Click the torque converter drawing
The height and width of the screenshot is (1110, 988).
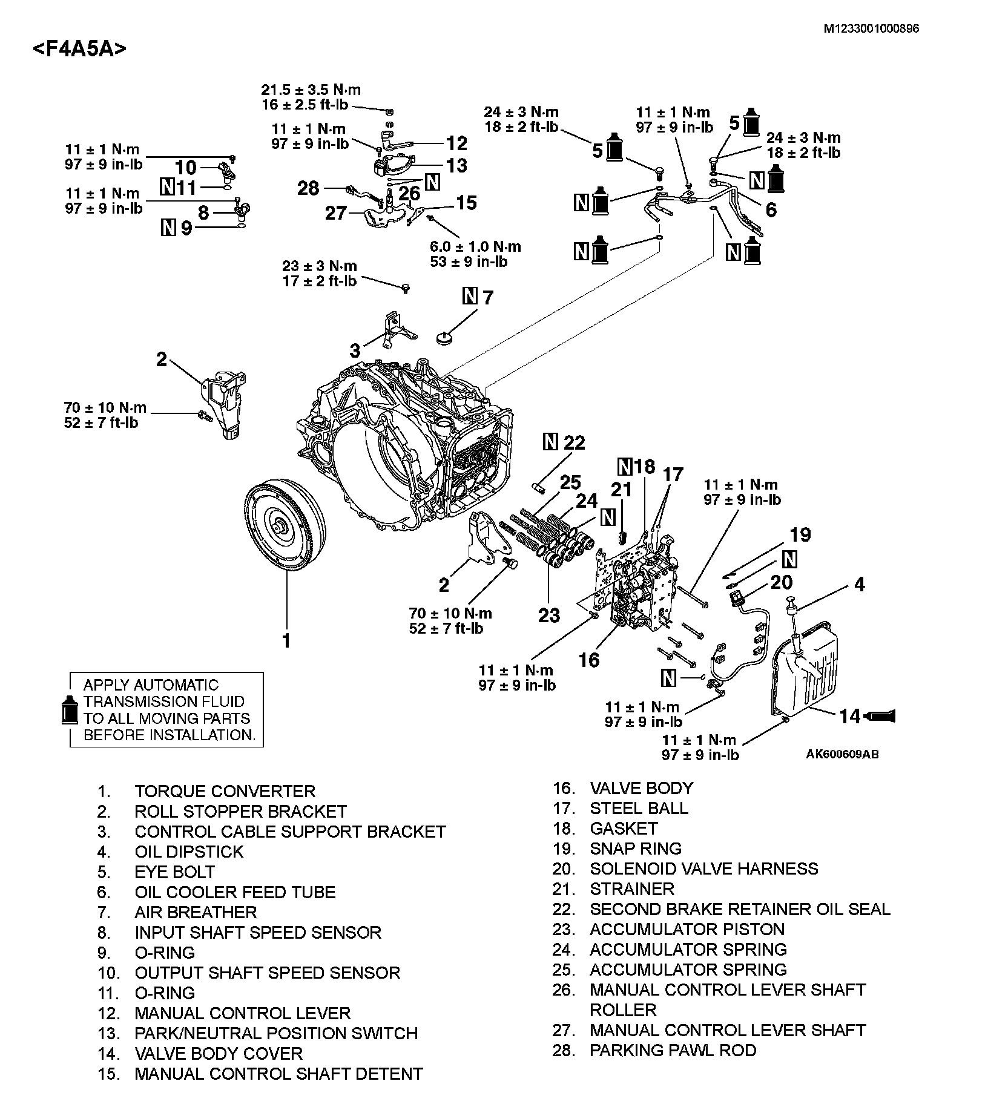click(x=285, y=525)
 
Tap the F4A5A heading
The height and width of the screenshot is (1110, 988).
click(x=80, y=48)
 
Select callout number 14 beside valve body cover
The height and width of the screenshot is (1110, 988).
click(x=849, y=716)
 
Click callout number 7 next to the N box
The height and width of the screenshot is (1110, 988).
click(x=487, y=297)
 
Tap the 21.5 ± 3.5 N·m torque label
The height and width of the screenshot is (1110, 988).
click(x=311, y=90)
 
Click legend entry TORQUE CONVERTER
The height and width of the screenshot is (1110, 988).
click(x=225, y=791)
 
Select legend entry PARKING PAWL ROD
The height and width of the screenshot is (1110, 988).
click(x=673, y=1050)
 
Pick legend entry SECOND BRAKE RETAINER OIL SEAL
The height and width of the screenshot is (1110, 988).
click(x=740, y=909)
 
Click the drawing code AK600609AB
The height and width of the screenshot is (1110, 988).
click(x=842, y=754)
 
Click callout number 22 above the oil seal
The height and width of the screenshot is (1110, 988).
click(x=574, y=442)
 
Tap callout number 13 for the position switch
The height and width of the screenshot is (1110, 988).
click(x=456, y=165)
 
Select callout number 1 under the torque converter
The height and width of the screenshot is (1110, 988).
click(x=286, y=640)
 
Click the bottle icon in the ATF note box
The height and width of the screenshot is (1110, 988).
click(x=71, y=709)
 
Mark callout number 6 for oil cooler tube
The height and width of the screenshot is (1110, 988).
click(x=771, y=210)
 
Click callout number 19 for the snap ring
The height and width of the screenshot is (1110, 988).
click(x=800, y=534)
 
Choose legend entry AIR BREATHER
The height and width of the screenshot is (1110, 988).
click(x=196, y=912)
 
